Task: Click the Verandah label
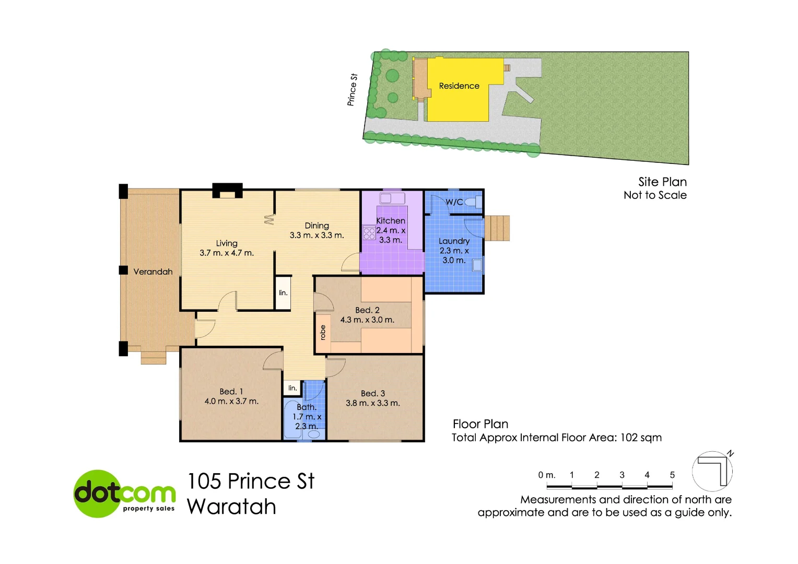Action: (152, 272)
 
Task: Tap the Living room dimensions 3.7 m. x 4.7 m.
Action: (227, 253)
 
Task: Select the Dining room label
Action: (317, 226)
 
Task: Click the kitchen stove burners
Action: (369, 233)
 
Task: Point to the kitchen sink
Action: (392, 198)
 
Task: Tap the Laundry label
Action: (454, 241)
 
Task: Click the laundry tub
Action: (477, 265)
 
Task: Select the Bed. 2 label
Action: (367, 310)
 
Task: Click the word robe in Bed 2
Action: (323, 333)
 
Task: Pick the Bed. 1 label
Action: (231, 392)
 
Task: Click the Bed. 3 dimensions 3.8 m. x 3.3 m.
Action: (373, 403)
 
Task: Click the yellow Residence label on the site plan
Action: (459, 86)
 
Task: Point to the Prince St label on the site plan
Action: (353, 90)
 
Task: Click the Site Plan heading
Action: (662, 182)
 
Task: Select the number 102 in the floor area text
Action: (629, 438)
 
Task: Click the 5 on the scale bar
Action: (672, 475)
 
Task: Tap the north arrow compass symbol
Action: (713, 470)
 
